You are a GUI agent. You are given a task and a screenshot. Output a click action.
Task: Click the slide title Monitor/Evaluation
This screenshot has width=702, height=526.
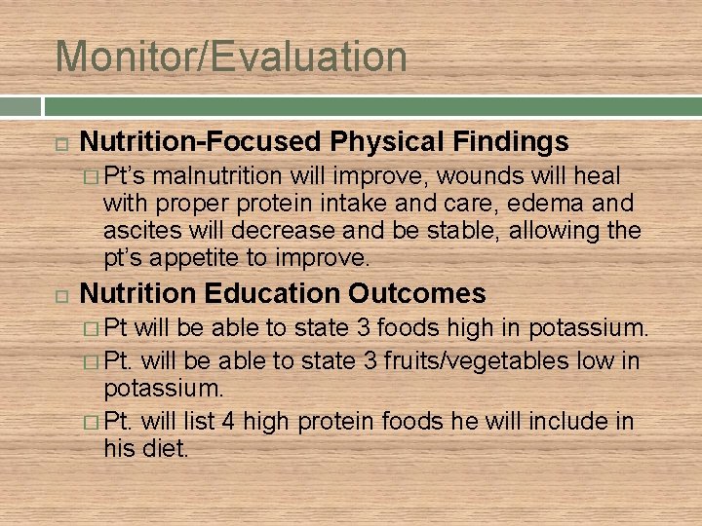coord(231,56)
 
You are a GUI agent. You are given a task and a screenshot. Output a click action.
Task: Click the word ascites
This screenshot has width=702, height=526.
coord(139,231)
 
